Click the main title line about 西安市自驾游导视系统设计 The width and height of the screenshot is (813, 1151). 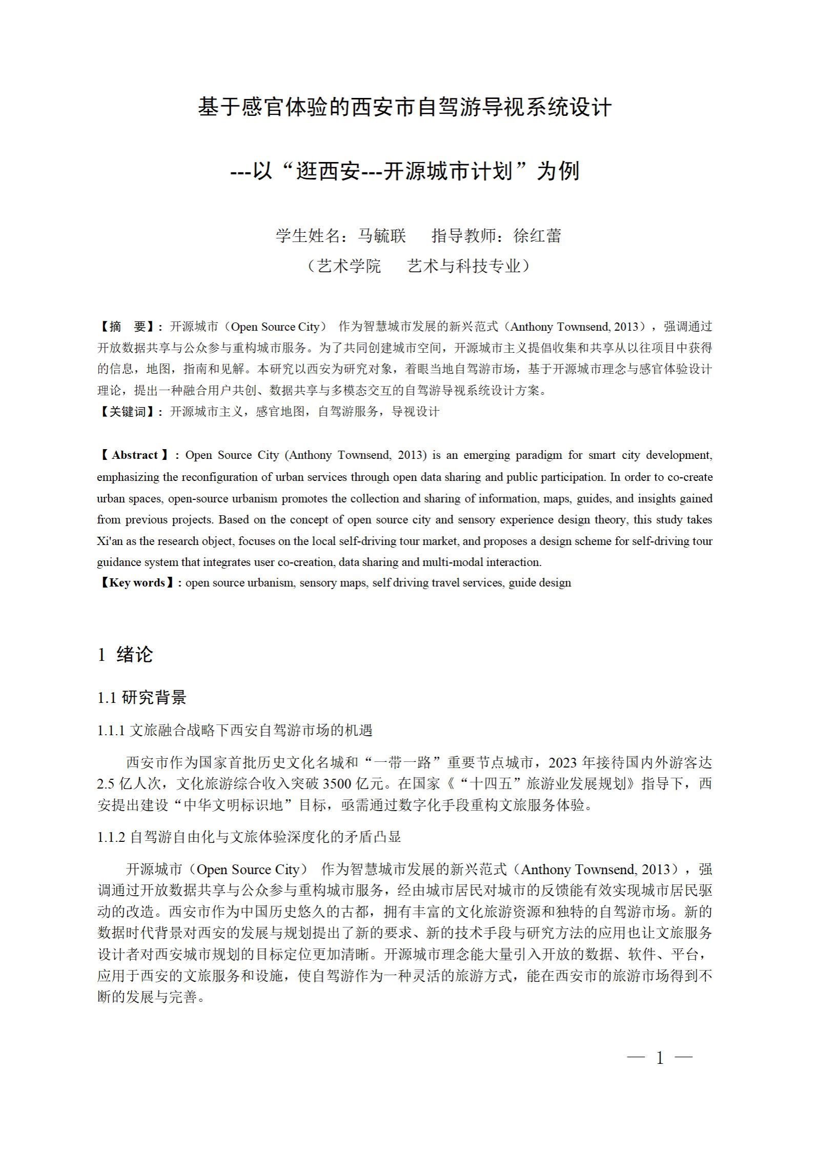pyautogui.click(x=404, y=108)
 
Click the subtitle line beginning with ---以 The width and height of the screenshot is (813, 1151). pyautogui.click(x=404, y=171)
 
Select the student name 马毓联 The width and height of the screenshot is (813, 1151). pyautogui.click(x=381, y=236)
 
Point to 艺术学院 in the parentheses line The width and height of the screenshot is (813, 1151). pyautogui.click(x=349, y=266)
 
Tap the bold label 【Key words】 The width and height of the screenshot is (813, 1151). pyautogui.click(x=137, y=583)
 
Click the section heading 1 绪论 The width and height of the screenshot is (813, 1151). pyautogui.click(x=125, y=655)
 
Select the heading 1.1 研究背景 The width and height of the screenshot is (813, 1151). pyautogui.click(x=142, y=697)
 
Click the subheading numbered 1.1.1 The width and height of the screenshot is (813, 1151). pyautogui.click(x=235, y=730)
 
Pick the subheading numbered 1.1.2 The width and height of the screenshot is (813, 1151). pyautogui.click(x=249, y=837)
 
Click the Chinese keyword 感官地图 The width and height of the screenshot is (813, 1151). pyautogui.click(x=279, y=412)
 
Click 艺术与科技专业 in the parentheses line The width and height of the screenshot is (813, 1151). pyautogui.click(x=464, y=266)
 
